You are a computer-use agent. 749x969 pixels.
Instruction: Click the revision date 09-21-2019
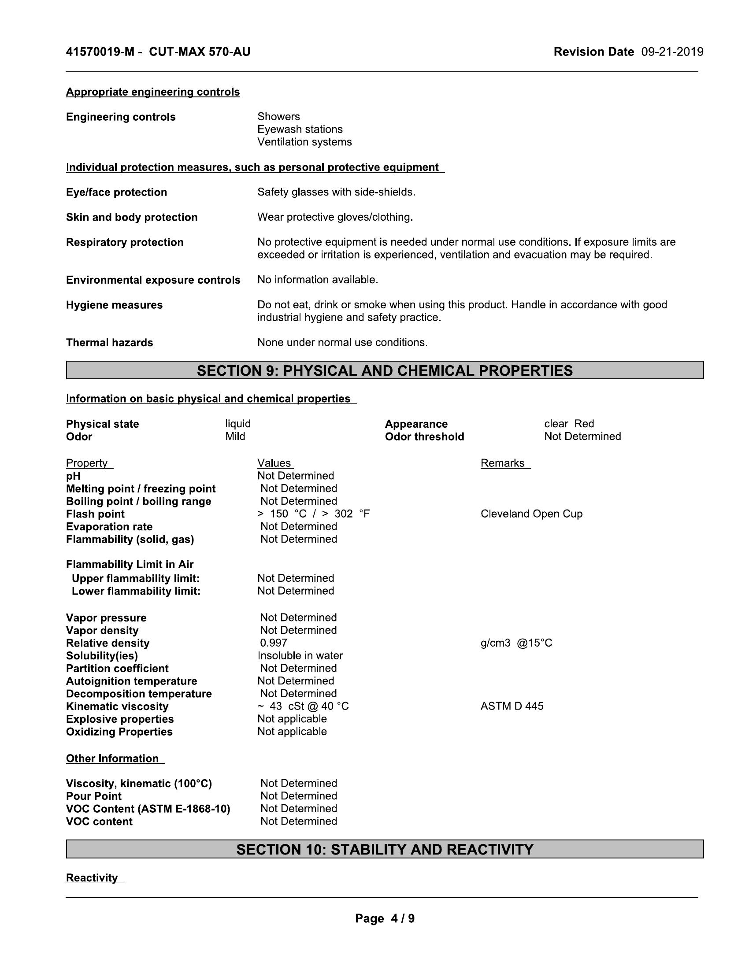click(x=672, y=52)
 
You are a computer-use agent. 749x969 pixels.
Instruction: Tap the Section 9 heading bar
click(x=385, y=370)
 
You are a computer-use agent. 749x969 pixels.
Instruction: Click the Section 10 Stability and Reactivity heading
click(x=385, y=849)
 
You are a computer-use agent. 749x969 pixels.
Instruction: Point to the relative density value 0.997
click(x=274, y=643)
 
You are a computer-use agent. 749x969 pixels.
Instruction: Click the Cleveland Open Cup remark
click(x=531, y=514)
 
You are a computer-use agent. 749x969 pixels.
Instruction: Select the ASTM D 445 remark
click(x=512, y=706)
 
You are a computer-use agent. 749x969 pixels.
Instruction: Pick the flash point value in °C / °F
click(x=313, y=514)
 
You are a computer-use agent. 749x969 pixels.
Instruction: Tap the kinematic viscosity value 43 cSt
click(x=304, y=706)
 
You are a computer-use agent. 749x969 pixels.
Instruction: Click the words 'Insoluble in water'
click(x=300, y=655)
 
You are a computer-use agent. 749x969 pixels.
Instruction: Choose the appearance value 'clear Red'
click(x=569, y=424)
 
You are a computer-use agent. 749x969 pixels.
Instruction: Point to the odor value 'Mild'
click(x=235, y=436)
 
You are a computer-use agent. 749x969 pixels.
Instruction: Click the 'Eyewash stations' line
click(x=300, y=129)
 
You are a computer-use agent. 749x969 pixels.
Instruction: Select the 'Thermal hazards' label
click(x=110, y=343)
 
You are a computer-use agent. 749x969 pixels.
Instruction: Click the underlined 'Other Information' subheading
click(x=112, y=758)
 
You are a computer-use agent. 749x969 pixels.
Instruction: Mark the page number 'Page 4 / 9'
click(x=385, y=918)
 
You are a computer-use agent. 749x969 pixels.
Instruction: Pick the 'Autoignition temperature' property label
click(x=131, y=681)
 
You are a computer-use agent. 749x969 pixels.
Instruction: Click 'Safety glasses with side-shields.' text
click(x=336, y=192)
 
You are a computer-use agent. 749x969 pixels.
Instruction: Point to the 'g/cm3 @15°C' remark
click(x=516, y=643)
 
